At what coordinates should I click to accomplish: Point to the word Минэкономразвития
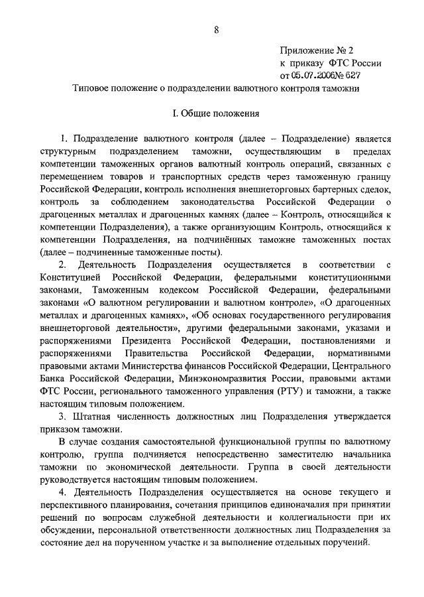point(221,379)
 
